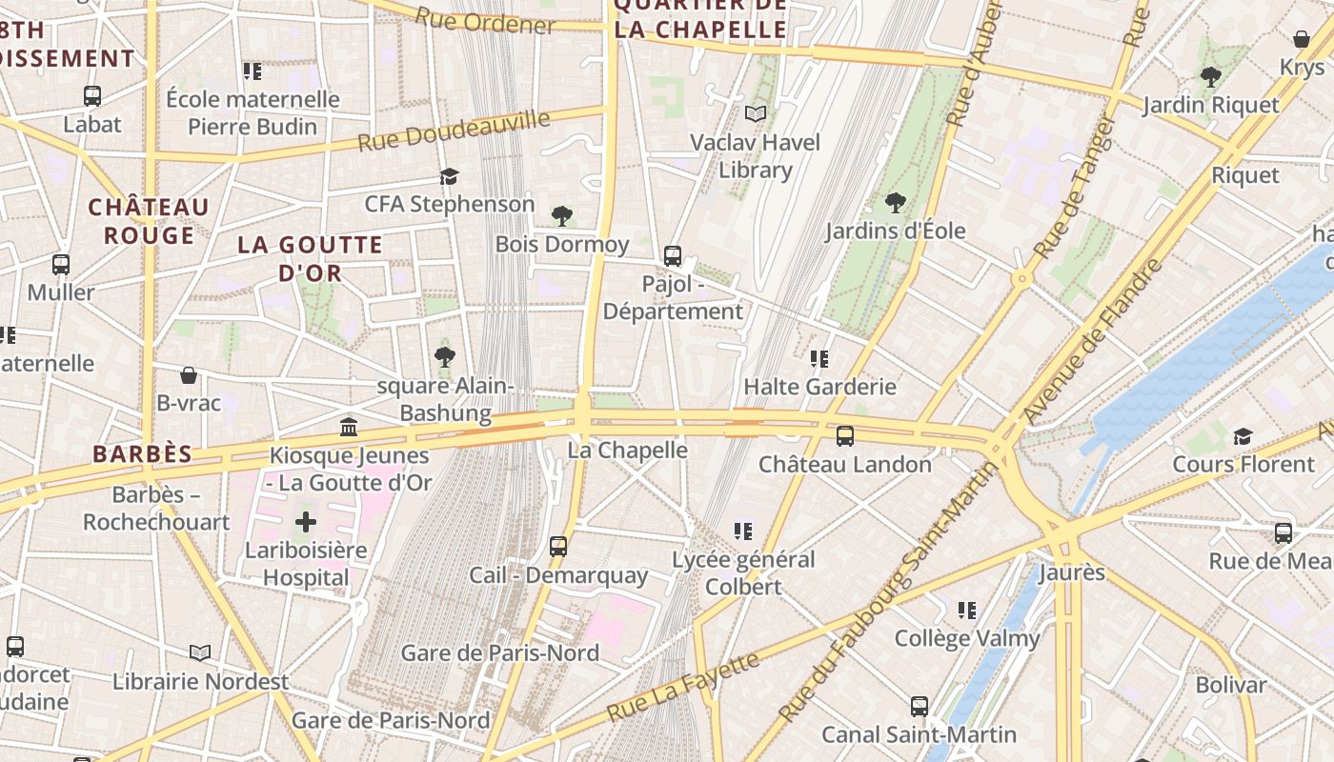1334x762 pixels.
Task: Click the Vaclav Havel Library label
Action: (755, 156)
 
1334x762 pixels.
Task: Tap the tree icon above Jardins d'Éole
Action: (895, 202)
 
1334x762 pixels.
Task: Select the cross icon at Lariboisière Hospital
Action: (306, 522)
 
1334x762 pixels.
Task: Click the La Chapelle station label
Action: (627, 450)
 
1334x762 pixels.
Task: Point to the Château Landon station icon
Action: (845, 436)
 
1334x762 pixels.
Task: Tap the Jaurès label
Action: (1071, 572)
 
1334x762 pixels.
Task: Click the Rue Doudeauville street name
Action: (455, 131)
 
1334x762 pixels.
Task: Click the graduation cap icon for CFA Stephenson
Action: (449, 176)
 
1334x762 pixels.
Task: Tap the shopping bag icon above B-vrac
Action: (189, 375)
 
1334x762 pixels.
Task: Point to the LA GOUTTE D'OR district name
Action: (311, 259)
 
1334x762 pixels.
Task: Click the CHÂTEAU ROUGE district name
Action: (149, 221)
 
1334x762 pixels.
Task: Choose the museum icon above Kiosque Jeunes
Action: (349, 427)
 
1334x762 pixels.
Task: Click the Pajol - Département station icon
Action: (673, 255)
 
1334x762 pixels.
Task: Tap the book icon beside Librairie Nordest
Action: (200, 652)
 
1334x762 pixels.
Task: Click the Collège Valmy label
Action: (966, 638)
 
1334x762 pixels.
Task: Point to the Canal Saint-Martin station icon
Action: (920, 706)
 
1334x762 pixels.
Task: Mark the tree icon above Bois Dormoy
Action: (562, 216)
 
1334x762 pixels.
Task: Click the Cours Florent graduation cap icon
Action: (1243, 436)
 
